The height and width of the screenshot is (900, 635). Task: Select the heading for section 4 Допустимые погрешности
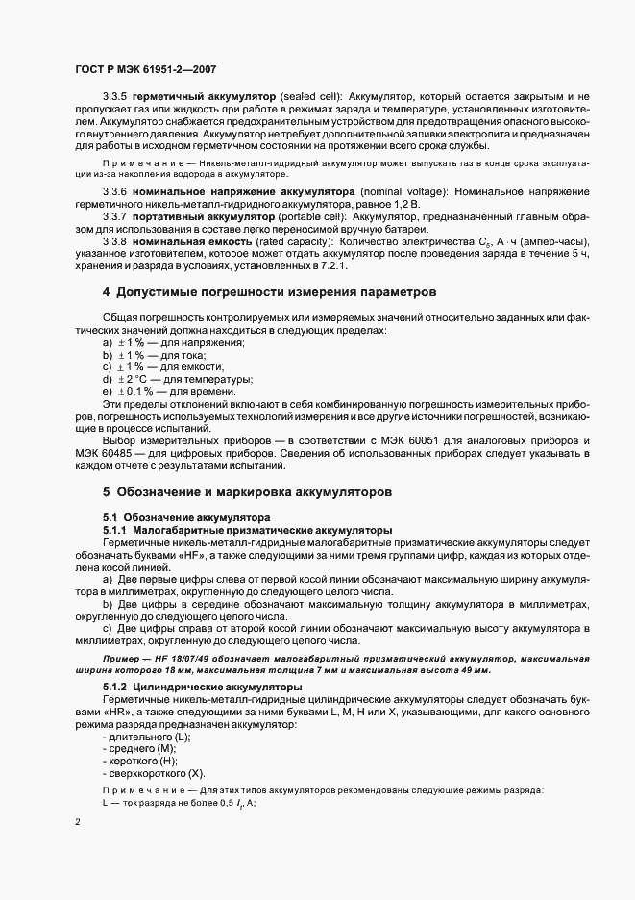click(x=270, y=290)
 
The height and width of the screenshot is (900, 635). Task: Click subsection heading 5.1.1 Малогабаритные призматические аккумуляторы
click(x=248, y=530)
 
